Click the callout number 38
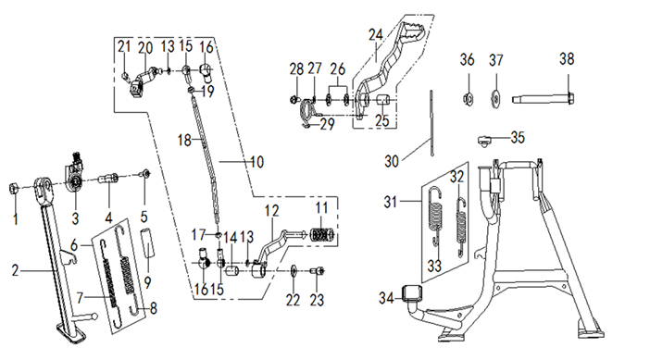[x=567, y=59]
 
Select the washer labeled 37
[x=495, y=99]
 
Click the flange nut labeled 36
[x=468, y=99]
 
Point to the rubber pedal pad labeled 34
[x=412, y=293]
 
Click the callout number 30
[x=392, y=161]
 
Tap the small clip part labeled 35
[x=483, y=140]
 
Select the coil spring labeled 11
[x=321, y=236]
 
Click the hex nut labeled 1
[x=14, y=190]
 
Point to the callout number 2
[x=16, y=271]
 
